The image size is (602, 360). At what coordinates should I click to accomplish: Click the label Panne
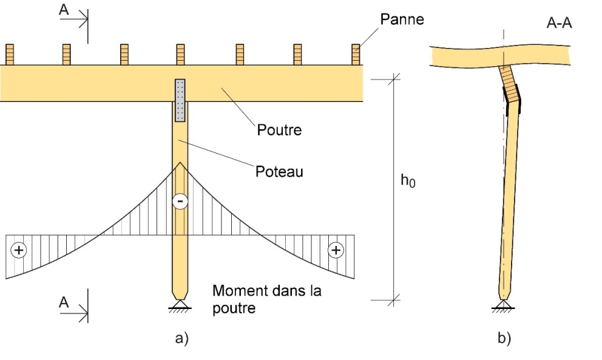click(402, 19)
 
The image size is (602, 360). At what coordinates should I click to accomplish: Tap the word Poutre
click(279, 130)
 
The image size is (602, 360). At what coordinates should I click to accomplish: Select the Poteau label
click(279, 171)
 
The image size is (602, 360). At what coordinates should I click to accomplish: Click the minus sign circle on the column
click(180, 201)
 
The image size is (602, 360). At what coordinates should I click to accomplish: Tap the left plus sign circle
click(20, 250)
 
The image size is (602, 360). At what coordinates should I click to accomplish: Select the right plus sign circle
click(335, 250)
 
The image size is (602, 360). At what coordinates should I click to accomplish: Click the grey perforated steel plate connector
click(180, 100)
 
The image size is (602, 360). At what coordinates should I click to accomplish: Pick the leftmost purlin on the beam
click(10, 55)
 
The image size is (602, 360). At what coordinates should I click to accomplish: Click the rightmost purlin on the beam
click(356, 55)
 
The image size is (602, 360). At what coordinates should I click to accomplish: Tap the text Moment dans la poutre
click(267, 299)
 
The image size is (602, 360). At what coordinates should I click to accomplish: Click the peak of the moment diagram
click(180, 162)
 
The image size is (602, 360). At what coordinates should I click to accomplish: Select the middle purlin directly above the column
click(180, 55)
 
